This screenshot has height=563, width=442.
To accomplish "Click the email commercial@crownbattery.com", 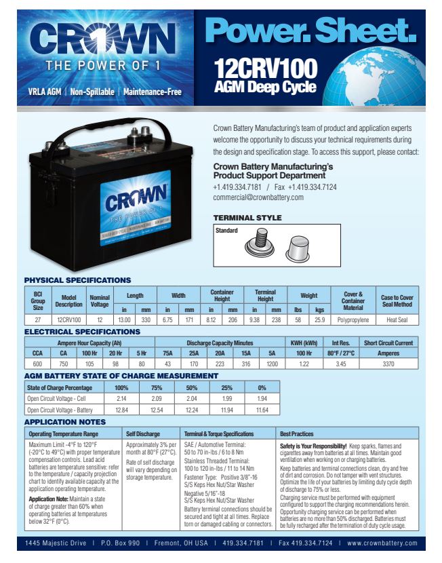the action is point(258,197).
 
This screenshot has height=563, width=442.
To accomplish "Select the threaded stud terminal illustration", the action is point(258,241).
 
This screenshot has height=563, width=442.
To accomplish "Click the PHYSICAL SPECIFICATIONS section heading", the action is point(77,280).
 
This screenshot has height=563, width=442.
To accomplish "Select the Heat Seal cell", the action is point(397,318).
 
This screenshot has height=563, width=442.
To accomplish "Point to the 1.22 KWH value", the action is point(299,364).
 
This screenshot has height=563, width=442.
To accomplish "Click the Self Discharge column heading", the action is point(143,433).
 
